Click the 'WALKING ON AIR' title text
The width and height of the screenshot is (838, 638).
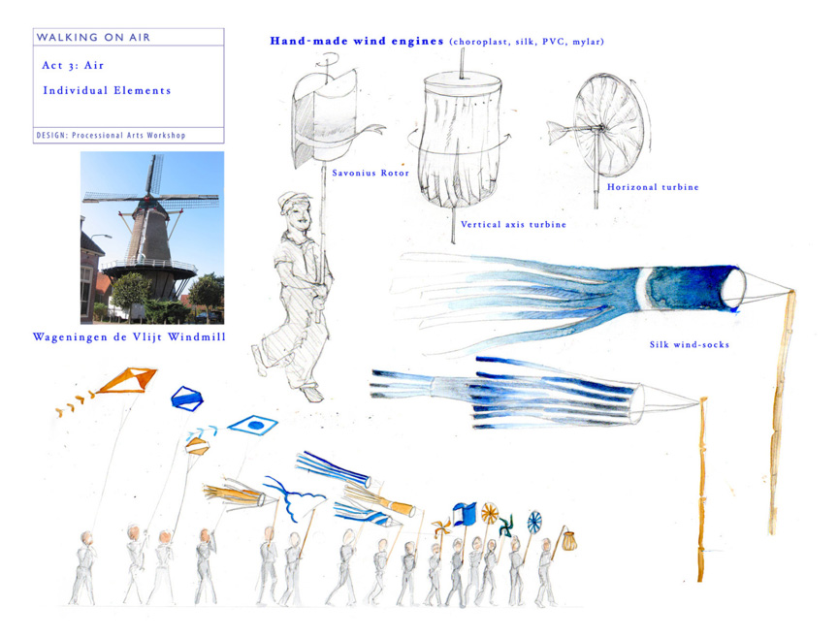coord(93,38)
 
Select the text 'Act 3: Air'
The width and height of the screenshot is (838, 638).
coord(73,65)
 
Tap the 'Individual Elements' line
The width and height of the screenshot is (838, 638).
coord(107,90)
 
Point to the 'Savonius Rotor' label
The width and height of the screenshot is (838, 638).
coord(371,173)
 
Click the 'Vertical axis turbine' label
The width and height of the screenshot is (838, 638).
coord(513,224)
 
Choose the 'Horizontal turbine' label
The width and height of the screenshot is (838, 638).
coord(653,187)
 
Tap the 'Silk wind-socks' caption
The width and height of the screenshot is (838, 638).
coord(690,344)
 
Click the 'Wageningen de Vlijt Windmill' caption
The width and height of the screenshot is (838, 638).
coord(129,336)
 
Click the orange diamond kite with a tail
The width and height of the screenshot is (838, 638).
coord(127,380)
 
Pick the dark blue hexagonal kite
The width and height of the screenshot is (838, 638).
coord(186,399)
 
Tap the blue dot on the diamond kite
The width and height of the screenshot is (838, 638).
coord(256,426)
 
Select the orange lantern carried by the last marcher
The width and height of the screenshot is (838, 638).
coord(569,541)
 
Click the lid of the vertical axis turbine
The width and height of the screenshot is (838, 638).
coord(463,82)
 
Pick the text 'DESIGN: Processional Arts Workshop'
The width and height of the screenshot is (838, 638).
coord(111,135)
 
